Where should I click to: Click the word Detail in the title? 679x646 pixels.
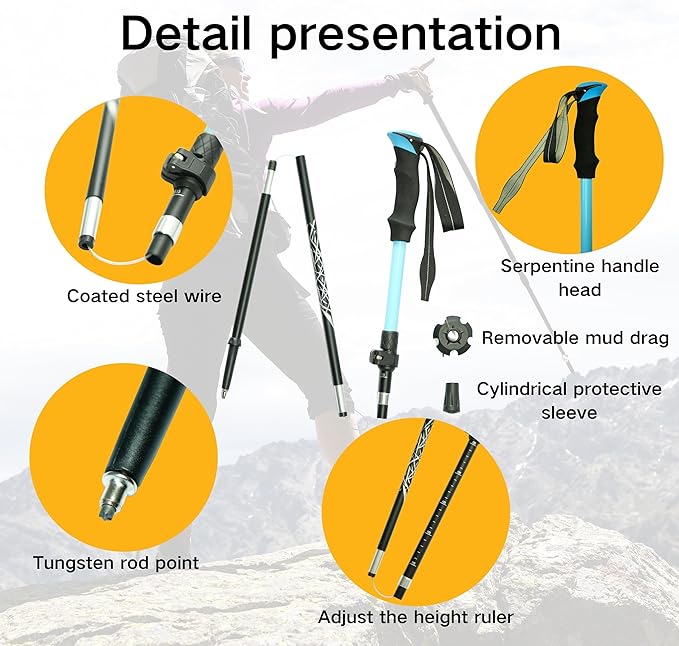[x=186, y=33]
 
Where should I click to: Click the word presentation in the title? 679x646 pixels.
[x=415, y=36]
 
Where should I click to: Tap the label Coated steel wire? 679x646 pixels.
[x=144, y=297]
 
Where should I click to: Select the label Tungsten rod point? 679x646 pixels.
[x=116, y=563]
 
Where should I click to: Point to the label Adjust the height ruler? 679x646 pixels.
[x=416, y=617]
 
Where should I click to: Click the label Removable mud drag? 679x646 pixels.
[x=576, y=338]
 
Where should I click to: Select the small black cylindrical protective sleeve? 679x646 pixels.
[x=451, y=397]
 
